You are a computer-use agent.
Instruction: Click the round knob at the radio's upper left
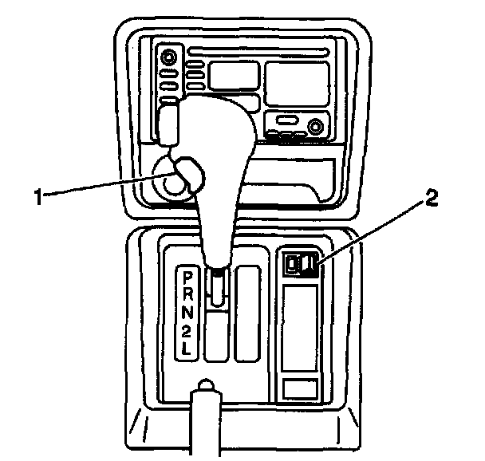(x=169, y=58)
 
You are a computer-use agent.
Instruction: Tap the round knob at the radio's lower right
(x=317, y=126)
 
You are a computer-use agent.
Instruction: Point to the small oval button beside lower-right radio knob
(x=286, y=123)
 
